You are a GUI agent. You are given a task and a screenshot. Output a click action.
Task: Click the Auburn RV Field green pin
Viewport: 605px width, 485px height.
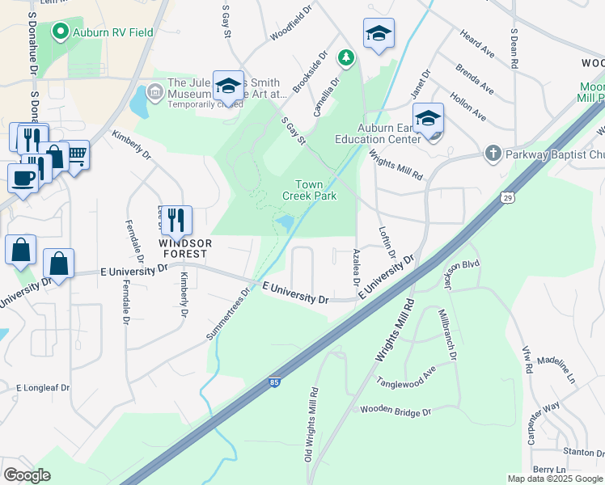[x=60, y=32]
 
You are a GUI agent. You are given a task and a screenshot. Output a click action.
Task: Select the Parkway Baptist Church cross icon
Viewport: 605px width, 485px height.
[x=493, y=153]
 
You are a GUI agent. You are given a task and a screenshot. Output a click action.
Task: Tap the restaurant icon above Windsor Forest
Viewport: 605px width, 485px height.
[x=176, y=219]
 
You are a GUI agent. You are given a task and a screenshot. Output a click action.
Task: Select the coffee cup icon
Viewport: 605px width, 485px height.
[x=23, y=176]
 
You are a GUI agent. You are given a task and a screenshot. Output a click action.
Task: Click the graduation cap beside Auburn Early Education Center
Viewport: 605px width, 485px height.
[x=428, y=118]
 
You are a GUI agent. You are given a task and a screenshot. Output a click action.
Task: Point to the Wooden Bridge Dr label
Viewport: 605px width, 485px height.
[x=396, y=411]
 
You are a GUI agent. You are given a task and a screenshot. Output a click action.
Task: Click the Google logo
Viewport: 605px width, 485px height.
[x=27, y=475]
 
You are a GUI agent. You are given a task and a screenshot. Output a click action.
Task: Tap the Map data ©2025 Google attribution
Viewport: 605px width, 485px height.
[x=554, y=479]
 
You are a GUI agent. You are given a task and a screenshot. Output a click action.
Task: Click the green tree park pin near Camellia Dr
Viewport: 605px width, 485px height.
[x=346, y=57]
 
